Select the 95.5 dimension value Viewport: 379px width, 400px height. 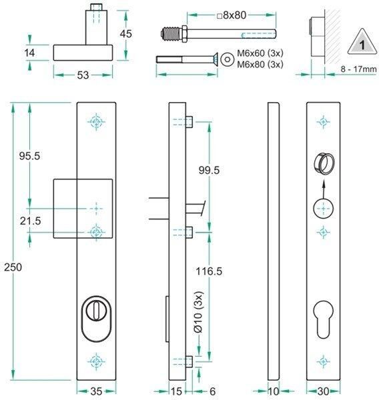[29, 156]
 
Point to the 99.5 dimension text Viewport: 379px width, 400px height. [210, 171]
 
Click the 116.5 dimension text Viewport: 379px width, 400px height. [210, 271]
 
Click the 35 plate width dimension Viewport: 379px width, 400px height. [97, 391]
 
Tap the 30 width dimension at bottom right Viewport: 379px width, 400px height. [324, 391]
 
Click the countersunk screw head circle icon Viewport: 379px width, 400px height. [229, 59]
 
